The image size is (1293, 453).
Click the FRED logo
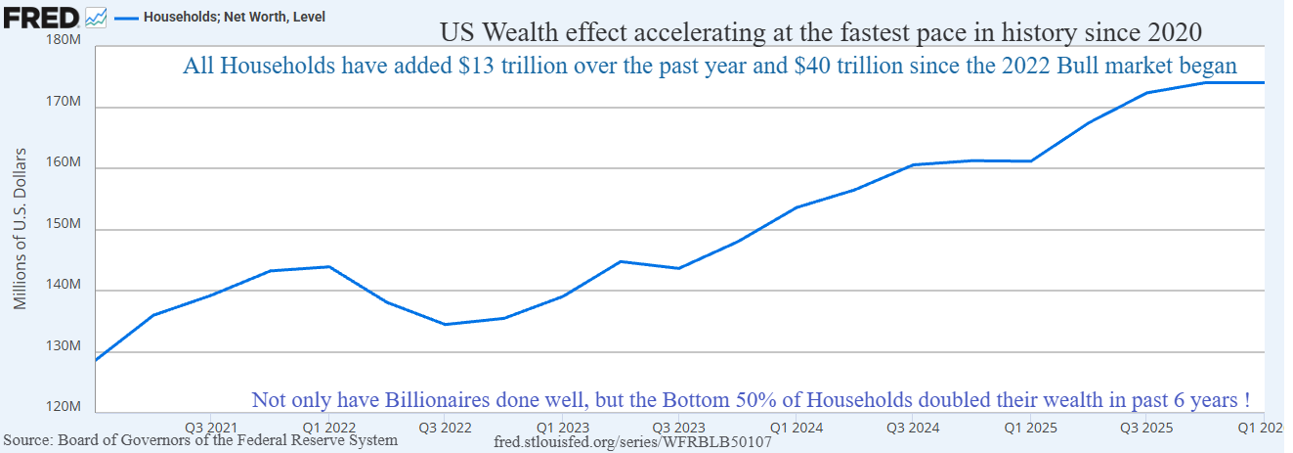40,18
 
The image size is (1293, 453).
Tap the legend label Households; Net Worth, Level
235,17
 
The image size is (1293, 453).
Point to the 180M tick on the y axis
63,40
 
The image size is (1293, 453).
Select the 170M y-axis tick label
63,101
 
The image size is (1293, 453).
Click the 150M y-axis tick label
63,224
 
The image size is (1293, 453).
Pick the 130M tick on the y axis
63,346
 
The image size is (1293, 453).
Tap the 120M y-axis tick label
63,407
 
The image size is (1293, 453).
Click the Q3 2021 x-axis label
211,429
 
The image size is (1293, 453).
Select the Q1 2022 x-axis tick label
329,429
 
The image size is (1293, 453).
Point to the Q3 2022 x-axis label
445,429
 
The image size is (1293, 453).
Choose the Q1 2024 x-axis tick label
797,429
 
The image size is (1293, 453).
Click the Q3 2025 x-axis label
1146,429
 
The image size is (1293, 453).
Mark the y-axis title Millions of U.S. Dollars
21,229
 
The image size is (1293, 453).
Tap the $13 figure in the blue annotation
476,66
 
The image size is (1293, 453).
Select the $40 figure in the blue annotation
812,66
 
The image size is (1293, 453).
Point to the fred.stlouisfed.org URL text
632,442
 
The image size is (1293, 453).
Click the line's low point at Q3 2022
445,324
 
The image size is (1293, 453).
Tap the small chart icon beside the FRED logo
96,18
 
